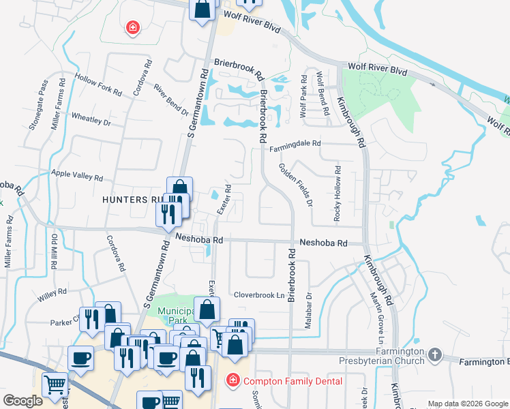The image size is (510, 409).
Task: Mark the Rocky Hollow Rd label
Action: (x=337, y=194)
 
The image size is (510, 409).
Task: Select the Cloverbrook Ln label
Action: (x=259, y=295)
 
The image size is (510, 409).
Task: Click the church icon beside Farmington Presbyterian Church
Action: (x=435, y=356)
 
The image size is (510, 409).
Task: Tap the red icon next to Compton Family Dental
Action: (x=232, y=379)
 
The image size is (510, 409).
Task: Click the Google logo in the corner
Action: (x=22, y=401)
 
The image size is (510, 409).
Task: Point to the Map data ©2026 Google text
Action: (x=468, y=404)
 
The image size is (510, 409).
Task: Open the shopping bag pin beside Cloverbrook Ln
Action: (x=207, y=310)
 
